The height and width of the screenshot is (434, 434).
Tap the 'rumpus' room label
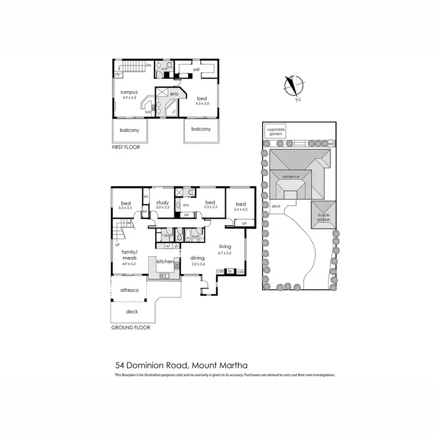coord(128,92)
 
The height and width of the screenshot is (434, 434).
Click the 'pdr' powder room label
coord(164,68)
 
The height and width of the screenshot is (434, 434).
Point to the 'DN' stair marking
coord(149,65)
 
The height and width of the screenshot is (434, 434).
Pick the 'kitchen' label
coord(164,262)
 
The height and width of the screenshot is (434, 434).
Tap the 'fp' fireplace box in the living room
coord(230,271)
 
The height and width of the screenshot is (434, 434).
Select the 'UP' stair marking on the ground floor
coord(118,245)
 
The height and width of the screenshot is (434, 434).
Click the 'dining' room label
coord(198,258)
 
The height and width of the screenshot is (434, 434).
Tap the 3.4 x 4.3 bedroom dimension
coord(240,209)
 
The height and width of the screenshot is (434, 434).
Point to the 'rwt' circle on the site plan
coord(330,142)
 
